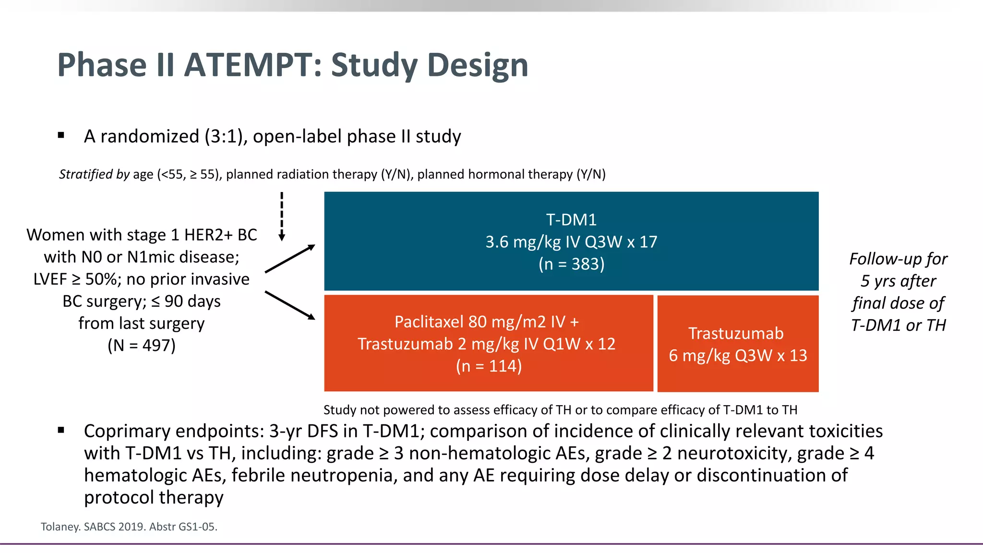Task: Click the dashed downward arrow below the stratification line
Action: point(282,216)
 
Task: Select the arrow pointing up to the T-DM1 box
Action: point(290,259)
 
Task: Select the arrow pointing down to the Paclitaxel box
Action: point(290,305)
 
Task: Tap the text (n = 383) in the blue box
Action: point(571,264)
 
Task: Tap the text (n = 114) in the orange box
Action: point(489,366)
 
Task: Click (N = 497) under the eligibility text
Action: point(142,345)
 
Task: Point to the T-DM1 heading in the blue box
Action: point(571,220)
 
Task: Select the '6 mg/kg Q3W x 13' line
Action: point(738,356)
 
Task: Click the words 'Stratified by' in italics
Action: point(94,174)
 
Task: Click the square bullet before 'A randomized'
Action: point(61,135)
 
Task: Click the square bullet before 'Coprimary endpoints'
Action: point(61,430)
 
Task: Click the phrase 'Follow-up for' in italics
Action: point(898,259)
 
